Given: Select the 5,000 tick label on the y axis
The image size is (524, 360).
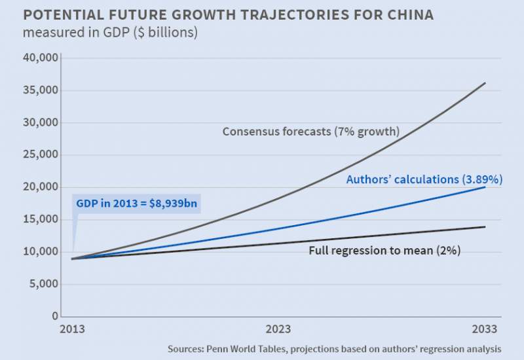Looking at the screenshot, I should [x=44, y=284].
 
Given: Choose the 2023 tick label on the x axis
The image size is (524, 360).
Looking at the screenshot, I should [x=278, y=329].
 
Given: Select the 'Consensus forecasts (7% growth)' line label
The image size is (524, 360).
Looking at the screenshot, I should [x=310, y=131].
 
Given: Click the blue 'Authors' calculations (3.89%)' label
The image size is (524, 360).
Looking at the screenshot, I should [x=424, y=179].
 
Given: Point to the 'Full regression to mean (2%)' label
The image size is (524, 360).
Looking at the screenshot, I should [x=384, y=251].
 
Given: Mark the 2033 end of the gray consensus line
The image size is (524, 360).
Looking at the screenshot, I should [x=485, y=83].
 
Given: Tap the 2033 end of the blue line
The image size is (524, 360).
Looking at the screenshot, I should [x=485, y=187].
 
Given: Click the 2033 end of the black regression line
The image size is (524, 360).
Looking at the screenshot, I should [x=485, y=227].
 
